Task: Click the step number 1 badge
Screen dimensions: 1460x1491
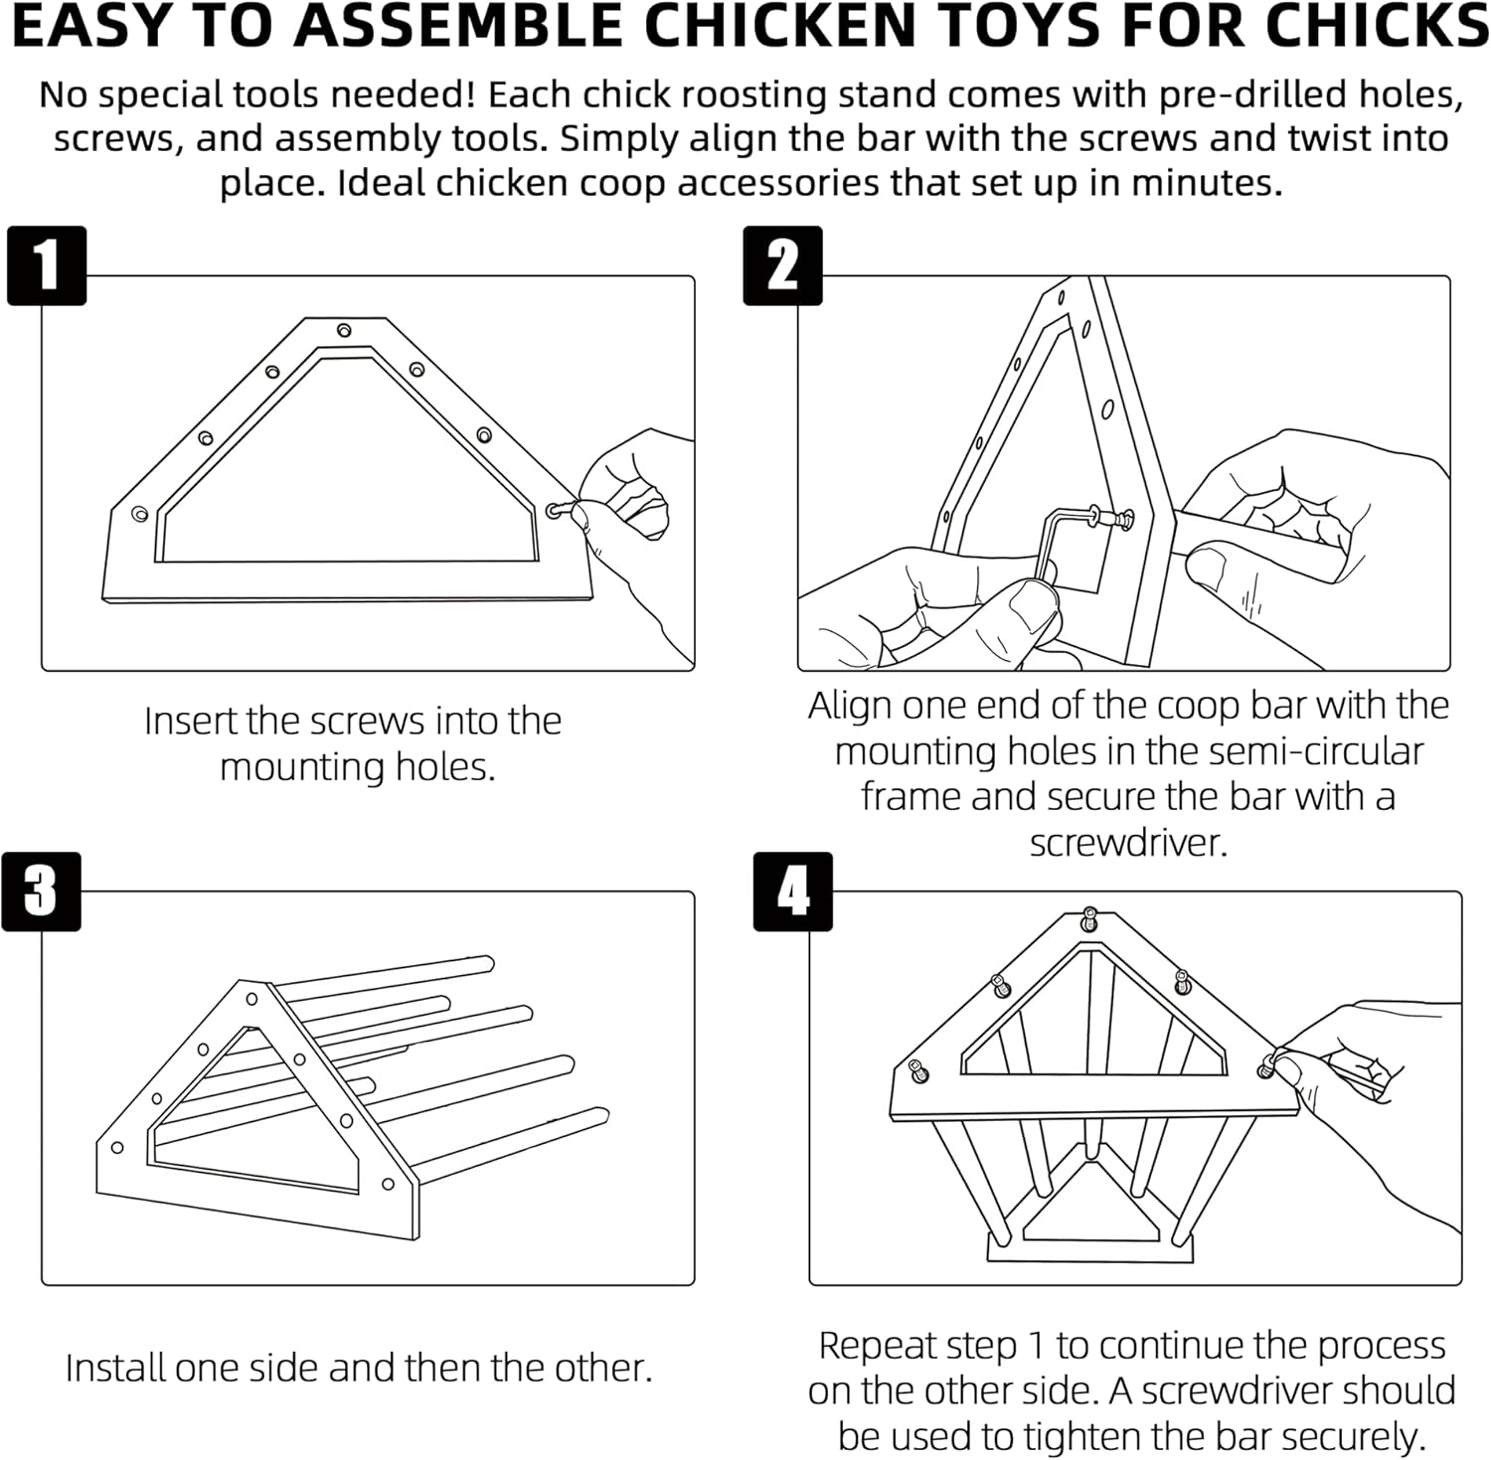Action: [x=47, y=265]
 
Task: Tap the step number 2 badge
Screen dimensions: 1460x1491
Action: [x=782, y=265]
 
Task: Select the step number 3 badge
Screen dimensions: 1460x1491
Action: [x=41, y=891]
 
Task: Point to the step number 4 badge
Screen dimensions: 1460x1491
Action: [x=792, y=891]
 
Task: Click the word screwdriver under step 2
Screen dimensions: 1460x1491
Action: [x=1128, y=843]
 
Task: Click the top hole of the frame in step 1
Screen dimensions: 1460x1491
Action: [x=344, y=330]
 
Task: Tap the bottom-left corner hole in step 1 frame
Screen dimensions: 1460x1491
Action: [x=140, y=513]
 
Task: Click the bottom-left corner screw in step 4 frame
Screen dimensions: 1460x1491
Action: [x=917, y=1071]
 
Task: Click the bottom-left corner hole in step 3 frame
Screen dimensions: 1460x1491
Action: [x=117, y=1148]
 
